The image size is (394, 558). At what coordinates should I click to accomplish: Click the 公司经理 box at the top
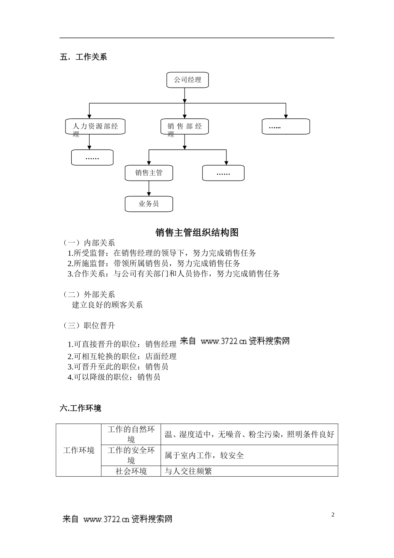pos(187,80)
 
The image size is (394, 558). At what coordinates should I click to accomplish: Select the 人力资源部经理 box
pos(95,127)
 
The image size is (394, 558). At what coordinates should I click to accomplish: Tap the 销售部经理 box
pos(185,127)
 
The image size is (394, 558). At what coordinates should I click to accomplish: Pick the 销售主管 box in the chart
pos(149,173)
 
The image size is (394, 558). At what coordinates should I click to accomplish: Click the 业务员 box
pos(149,204)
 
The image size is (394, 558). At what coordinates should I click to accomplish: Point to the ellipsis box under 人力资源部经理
pos(92,158)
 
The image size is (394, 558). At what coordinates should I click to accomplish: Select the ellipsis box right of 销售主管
pos(223,173)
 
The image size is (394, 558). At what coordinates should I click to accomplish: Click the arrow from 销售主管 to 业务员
pos(149,188)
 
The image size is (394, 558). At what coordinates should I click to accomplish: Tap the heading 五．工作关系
pos(83,57)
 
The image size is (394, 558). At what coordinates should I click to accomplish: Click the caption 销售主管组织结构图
pos(197,232)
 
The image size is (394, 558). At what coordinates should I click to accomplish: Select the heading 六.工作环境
pos(80,408)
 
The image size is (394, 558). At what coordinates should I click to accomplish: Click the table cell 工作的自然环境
pos(131,434)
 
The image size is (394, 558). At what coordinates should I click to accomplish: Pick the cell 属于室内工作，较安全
pos(204,455)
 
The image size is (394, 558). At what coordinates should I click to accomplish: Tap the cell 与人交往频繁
pos(188,471)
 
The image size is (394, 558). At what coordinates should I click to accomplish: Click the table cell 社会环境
pos(131,471)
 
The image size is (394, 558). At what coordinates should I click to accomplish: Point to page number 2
pos(333,515)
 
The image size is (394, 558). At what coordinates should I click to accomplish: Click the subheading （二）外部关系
pos(89,294)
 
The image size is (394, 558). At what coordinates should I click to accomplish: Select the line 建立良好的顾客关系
pos(107,305)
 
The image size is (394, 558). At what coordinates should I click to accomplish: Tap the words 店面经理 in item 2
pos(161,356)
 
